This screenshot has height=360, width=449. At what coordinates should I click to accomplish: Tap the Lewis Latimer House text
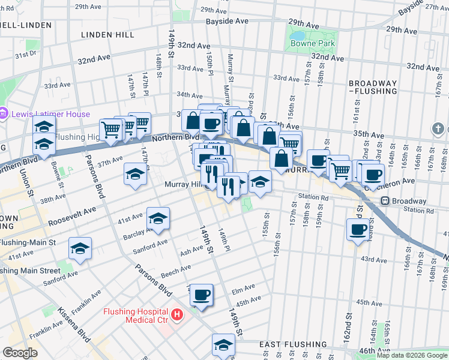coord(50,114)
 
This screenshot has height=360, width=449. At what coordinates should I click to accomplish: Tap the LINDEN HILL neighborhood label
coord(107,35)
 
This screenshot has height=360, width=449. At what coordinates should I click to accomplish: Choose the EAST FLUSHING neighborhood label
coord(293,345)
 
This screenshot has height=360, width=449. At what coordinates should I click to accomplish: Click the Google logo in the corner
coord(20,353)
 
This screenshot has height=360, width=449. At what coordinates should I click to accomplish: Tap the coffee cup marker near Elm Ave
coord(202,295)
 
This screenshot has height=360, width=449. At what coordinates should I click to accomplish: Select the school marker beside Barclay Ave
coord(158,218)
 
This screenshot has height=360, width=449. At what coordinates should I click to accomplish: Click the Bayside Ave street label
coord(227,20)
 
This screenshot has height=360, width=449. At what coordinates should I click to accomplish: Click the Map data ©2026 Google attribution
coord(412,355)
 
